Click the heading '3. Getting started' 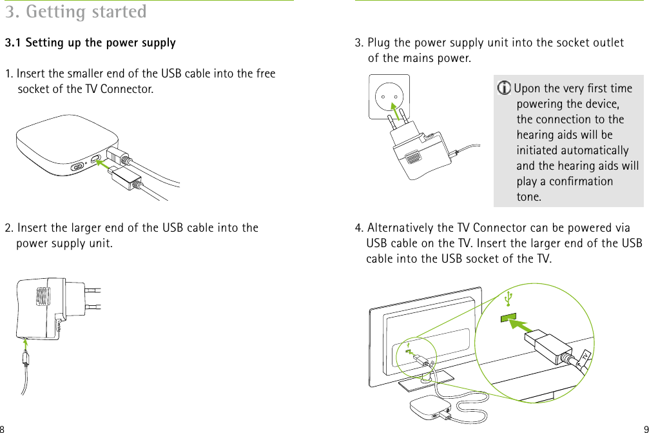click(75, 12)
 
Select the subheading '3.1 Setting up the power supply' click(90, 43)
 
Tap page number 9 click(645, 428)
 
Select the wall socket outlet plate click(389, 97)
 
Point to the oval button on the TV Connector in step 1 click(78, 166)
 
